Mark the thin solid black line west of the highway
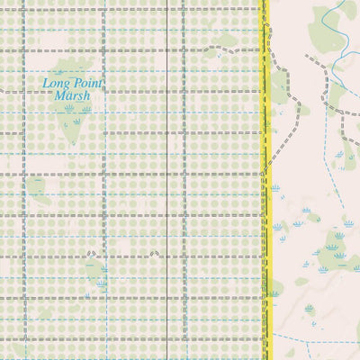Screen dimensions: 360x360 [x=169, y=180]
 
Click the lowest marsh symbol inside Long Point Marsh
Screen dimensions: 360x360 [x=76, y=121]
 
